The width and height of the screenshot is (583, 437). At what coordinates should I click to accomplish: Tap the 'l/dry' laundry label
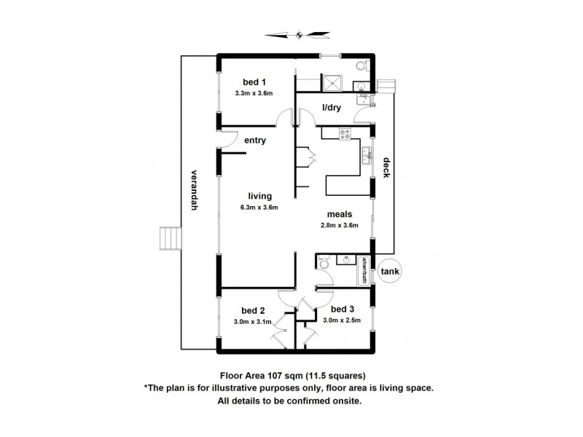click(x=332, y=109)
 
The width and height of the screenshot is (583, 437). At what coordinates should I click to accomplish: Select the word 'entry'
click(x=254, y=141)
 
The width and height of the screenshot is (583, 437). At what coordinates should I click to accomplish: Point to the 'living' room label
click(x=259, y=196)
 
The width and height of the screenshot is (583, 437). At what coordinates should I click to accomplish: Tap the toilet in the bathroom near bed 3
click(x=324, y=261)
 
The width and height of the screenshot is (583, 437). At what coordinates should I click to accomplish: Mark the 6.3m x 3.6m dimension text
click(x=259, y=208)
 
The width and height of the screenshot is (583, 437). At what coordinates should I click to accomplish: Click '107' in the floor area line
click(x=275, y=376)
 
